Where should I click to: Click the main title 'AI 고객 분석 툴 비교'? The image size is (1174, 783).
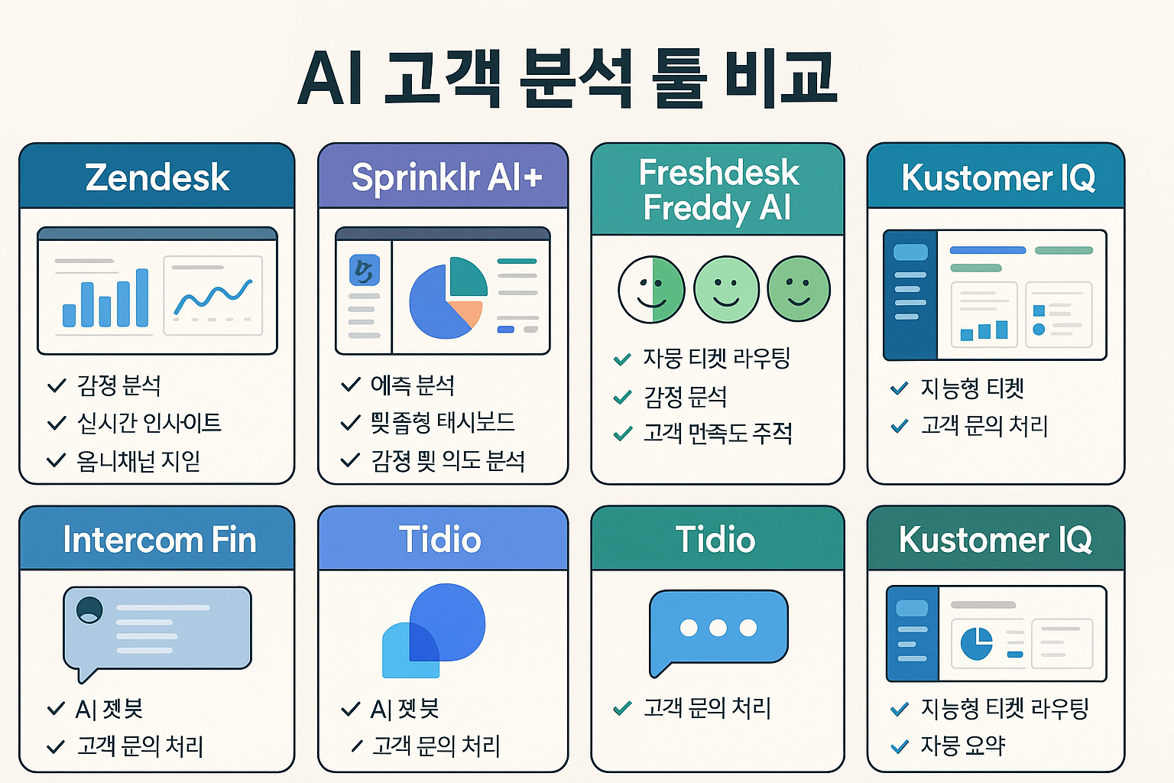[x=566, y=79]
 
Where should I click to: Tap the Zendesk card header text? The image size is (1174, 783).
[x=157, y=177]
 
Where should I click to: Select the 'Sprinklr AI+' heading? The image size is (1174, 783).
[x=446, y=177]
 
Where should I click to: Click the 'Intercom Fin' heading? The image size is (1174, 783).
[x=159, y=540]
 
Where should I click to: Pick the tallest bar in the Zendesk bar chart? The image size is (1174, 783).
[x=141, y=297]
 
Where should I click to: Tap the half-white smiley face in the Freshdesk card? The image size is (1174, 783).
[x=651, y=290]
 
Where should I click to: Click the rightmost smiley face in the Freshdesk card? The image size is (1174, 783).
[x=798, y=289]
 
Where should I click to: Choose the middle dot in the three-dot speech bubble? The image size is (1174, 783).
[x=718, y=628]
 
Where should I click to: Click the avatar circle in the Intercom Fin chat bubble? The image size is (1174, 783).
[x=89, y=609]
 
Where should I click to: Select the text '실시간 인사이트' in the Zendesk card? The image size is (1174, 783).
[x=149, y=423]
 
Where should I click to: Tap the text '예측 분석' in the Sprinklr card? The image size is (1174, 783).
[x=412, y=385]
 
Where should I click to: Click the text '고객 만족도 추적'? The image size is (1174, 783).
[x=717, y=434]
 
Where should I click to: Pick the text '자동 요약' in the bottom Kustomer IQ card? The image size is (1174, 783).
[x=962, y=746]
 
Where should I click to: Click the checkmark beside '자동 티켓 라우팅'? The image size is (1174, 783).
[x=622, y=359]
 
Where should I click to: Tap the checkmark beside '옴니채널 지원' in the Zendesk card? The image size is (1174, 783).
[x=56, y=461]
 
